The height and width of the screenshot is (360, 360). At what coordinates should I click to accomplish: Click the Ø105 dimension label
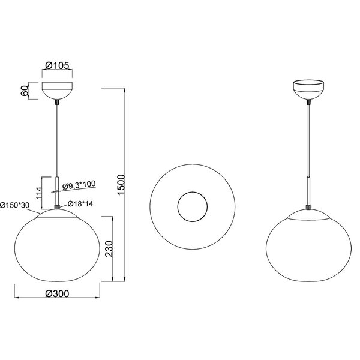pyautogui.click(x=57, y=65)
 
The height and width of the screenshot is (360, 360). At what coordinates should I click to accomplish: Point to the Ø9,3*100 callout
pyautogui.click(x=79, y=185)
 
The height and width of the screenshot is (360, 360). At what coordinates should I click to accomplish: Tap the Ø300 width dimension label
pyautogui.click(x=57, y=294)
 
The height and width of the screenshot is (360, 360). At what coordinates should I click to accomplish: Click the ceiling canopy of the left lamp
pyautogui.click(x=57, y=92)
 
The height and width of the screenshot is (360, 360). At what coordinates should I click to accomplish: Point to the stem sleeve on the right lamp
pyautogui.click(x=309, y=191)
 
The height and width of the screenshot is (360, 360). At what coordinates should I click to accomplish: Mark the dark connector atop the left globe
pyautogui.click(x=57, y=206)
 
